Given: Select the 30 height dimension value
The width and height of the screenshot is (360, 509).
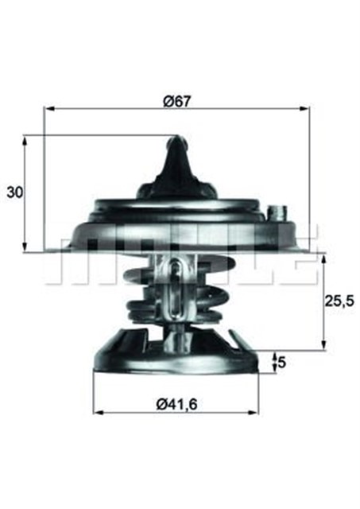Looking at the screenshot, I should pyautogui.click(x=14, y=192).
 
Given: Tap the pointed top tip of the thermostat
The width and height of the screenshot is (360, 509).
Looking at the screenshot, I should pyautogui.click(x=176, y=140).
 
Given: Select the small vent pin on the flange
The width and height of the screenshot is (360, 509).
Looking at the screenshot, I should pyautogui.click(x=278, y=213).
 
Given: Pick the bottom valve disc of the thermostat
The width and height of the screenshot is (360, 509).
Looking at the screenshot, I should pyautogui.click(x=176, y=354).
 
